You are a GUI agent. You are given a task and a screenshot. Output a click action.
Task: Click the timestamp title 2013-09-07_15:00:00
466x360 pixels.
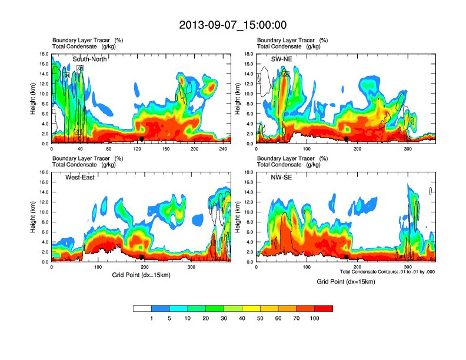pos(233,25)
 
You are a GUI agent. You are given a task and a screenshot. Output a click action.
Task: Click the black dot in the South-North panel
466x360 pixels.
pos(141,139)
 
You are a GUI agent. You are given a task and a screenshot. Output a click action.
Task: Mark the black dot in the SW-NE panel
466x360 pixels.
pos(347,139)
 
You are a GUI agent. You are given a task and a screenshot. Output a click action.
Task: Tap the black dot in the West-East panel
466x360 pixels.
pos(141,257)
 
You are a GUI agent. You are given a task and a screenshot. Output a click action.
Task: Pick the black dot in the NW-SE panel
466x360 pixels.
pos(347,257)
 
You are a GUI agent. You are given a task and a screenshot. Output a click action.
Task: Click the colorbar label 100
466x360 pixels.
pos(314,318)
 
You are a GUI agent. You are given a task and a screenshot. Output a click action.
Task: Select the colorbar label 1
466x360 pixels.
pos(151,318)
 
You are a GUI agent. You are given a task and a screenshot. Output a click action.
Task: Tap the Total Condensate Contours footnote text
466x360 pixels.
pos(388,271)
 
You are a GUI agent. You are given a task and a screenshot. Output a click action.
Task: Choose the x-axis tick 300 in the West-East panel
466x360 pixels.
pos(191,267)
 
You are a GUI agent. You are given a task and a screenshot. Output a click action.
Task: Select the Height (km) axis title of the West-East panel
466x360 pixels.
pos(33,217)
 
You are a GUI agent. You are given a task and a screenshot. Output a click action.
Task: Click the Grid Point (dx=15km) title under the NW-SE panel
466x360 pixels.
pos(346,282)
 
